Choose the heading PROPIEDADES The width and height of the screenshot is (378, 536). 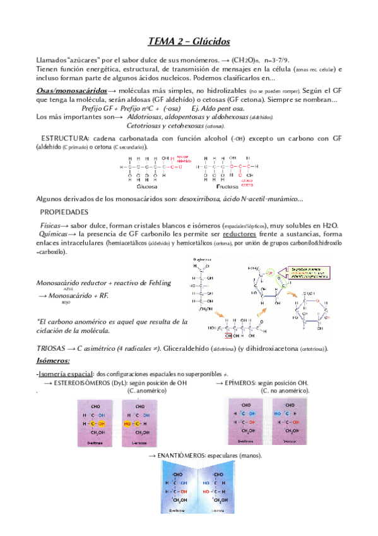(x=64, y=212)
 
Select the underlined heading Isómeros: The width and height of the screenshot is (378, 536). (x=54, y=360)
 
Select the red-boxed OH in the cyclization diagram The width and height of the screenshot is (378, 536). (x=228, y=336)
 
